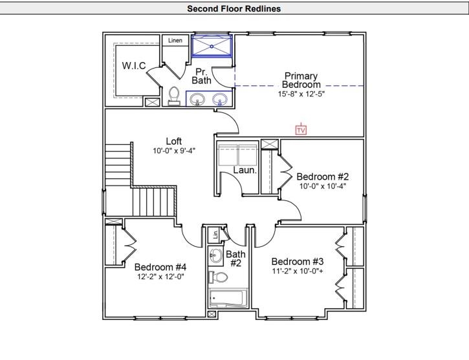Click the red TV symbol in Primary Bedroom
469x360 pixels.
click(x=301, y=130)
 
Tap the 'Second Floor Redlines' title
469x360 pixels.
click(x=234, y=9)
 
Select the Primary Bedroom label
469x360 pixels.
click(x=301, y=80)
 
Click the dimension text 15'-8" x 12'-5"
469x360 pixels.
click(x=298, y=94)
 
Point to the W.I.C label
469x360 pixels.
click(x=134, y=66)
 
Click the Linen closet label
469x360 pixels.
click(x=175, y=41)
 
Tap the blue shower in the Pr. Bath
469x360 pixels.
click(x=212, y=47)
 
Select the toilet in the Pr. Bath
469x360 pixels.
click(x=173, y=96)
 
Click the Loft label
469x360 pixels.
click(x=174, y=142)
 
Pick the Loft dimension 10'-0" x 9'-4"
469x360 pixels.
click(x=174, y=151)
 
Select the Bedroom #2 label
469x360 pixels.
click(x=323, y=176)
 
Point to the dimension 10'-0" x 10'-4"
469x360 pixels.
click(x=322, y=186)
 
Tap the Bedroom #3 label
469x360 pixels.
click(x=298, y=261)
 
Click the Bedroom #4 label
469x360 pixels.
click(x=160, y=267)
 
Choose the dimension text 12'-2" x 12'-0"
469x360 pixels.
click(x=160, y=277)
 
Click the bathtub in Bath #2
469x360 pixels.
click(x=226, y=299)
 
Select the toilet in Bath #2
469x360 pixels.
click(x=218, y=277)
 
